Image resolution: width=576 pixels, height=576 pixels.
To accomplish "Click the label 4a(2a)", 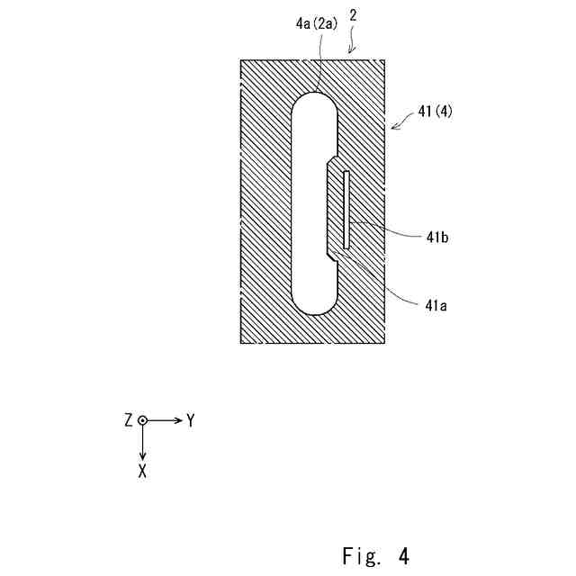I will point(316,24).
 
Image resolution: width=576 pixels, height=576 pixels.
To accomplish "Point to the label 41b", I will point(437,237).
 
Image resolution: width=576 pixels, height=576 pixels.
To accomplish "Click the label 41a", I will point(436,304).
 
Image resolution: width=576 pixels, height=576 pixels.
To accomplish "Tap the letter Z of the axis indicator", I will point(130,420).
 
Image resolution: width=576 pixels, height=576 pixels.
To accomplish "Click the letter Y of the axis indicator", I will point(190,420).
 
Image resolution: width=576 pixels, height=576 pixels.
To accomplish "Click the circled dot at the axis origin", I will point(142,420).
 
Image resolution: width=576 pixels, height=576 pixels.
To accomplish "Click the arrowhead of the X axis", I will point(142,455).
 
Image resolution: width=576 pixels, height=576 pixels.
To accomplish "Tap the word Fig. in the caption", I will point(360,555).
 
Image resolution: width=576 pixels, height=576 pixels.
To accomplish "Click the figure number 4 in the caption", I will point(403,555).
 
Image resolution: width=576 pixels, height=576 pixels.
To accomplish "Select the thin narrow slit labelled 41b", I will point(346,210).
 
